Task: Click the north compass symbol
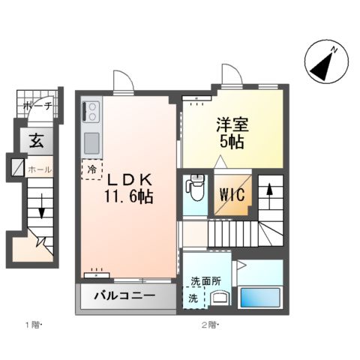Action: coord(325,64)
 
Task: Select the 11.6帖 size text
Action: coord(129,197)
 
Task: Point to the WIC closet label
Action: coord(231,193)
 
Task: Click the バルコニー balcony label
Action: coord(124,295)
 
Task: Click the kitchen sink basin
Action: coord(91,142)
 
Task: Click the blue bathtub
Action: coord(259,295)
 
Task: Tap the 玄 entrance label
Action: coord(35,140)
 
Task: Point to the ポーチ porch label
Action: coord(36,106)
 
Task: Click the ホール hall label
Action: coord(39,170)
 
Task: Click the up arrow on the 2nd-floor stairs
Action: coord(269,192)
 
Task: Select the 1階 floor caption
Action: coord(33,324)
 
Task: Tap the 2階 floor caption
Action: coord(208,324)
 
